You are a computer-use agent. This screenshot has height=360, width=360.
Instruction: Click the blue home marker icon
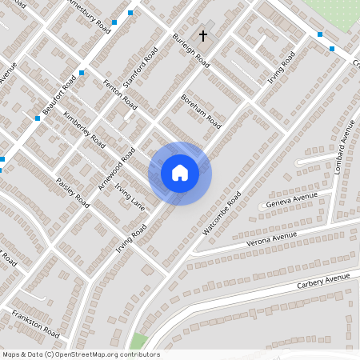click(x=180, y=173)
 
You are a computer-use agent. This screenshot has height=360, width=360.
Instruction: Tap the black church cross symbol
click(x=203, y=36)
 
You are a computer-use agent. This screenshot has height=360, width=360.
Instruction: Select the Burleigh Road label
click(x=191, y=49)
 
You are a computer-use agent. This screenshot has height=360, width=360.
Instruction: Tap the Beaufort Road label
click(x=60, y=95)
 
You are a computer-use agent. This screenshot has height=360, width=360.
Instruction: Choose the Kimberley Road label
click(x=85, y=129)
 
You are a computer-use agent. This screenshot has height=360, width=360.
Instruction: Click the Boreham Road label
click(x=200, y=111)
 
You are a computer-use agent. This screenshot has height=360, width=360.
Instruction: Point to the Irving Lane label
click(x=129, y=197)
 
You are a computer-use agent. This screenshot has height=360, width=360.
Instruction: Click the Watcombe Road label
click(x=222, y=212)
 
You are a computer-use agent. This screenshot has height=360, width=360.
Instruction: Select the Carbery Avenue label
click(x=324, y=281)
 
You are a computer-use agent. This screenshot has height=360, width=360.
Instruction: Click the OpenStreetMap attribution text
click(x=81, y=354)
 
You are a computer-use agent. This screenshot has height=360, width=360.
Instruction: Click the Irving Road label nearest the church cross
click(x=282, y=69)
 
